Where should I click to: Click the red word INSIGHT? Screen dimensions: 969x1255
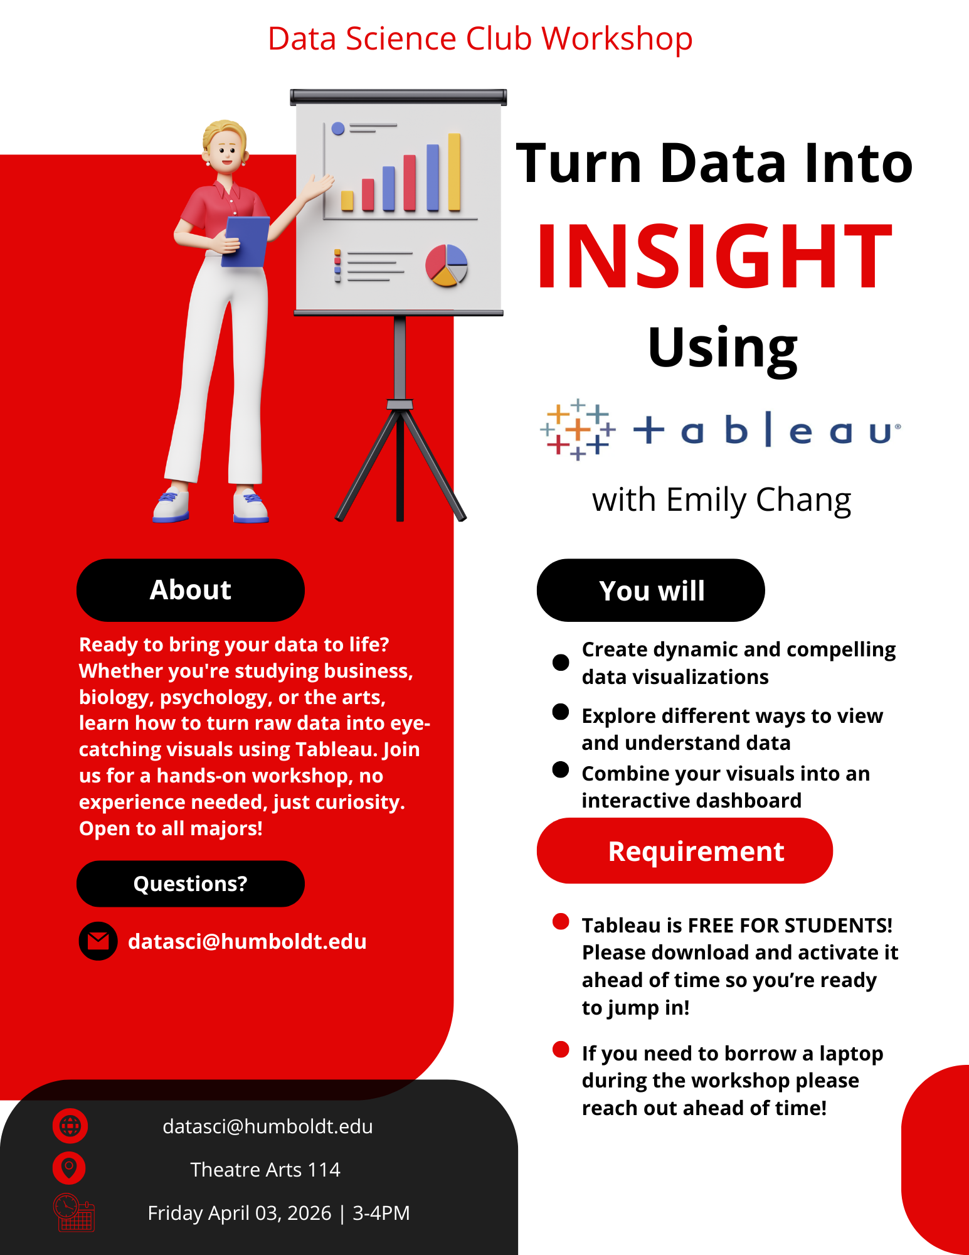click(714, 257)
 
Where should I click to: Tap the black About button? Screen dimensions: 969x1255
click(191, 590)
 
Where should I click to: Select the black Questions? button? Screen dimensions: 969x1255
click(191, 884)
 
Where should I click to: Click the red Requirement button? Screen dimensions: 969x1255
click(685, 851)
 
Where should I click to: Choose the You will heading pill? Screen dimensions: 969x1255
click(651, 590)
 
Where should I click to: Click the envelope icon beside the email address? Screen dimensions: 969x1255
click(98, 941)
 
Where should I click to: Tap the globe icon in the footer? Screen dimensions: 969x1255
click(70, 1126)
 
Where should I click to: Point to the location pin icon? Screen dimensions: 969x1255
click(69, 1168)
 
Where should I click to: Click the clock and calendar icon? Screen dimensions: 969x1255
click(74, 1212)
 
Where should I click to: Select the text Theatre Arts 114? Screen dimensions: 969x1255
click(265, 1170)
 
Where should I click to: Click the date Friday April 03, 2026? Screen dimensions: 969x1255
click(240, 1213)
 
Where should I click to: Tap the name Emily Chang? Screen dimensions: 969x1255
click(758, 501)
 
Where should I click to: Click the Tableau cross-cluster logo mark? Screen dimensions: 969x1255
click(578, 430)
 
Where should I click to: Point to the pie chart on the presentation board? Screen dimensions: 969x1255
click(447, 265)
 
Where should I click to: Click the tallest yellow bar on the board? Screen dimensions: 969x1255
click(454, 172)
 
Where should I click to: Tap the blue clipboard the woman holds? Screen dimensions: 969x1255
click(246, 242)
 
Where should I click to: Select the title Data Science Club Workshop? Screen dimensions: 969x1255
click(480, 39)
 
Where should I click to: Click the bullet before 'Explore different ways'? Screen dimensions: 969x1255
click(561, 712)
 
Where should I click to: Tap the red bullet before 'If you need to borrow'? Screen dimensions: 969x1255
click(561, 1049)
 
